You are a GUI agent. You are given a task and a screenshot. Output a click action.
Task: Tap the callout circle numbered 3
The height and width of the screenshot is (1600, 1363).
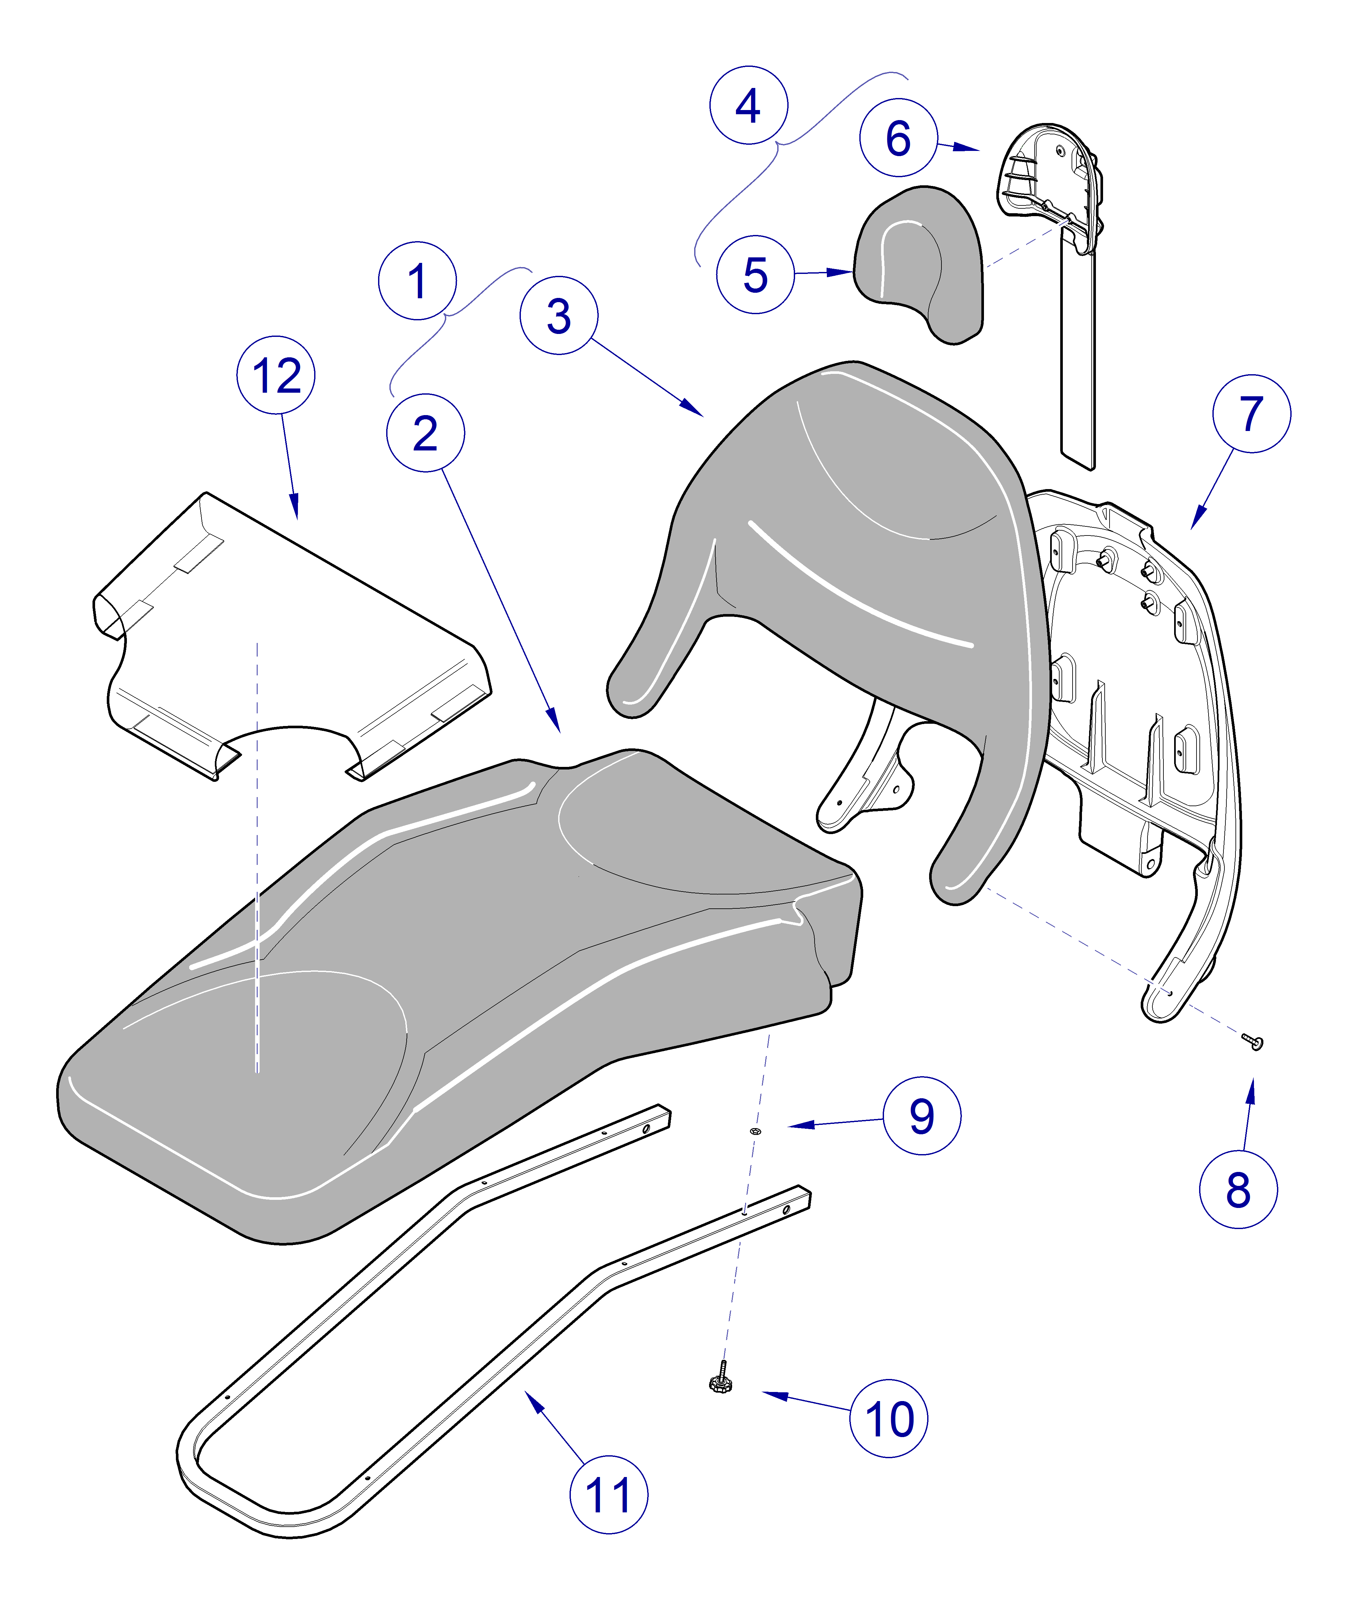558,316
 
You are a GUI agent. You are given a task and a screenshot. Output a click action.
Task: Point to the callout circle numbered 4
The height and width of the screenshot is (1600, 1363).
748,105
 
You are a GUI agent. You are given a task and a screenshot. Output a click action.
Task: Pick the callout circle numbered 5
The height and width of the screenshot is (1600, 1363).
755,275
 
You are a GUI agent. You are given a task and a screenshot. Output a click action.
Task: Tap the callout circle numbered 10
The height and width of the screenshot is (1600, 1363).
888,1419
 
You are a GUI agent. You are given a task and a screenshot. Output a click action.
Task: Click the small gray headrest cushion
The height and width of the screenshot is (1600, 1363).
919,263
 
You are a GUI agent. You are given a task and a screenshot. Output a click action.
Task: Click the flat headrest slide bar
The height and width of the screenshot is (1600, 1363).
1078,355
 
